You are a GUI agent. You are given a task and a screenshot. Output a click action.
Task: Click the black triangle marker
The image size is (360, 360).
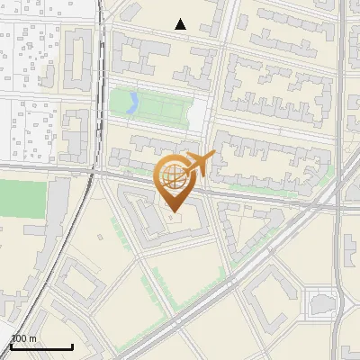181,25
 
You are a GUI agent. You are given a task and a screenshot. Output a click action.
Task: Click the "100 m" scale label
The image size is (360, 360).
24,338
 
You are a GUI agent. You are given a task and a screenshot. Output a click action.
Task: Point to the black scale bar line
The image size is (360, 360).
41,346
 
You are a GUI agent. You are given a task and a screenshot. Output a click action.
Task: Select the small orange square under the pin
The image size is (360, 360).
175,217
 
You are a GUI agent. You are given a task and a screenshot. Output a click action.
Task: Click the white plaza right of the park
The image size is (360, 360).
199,112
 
